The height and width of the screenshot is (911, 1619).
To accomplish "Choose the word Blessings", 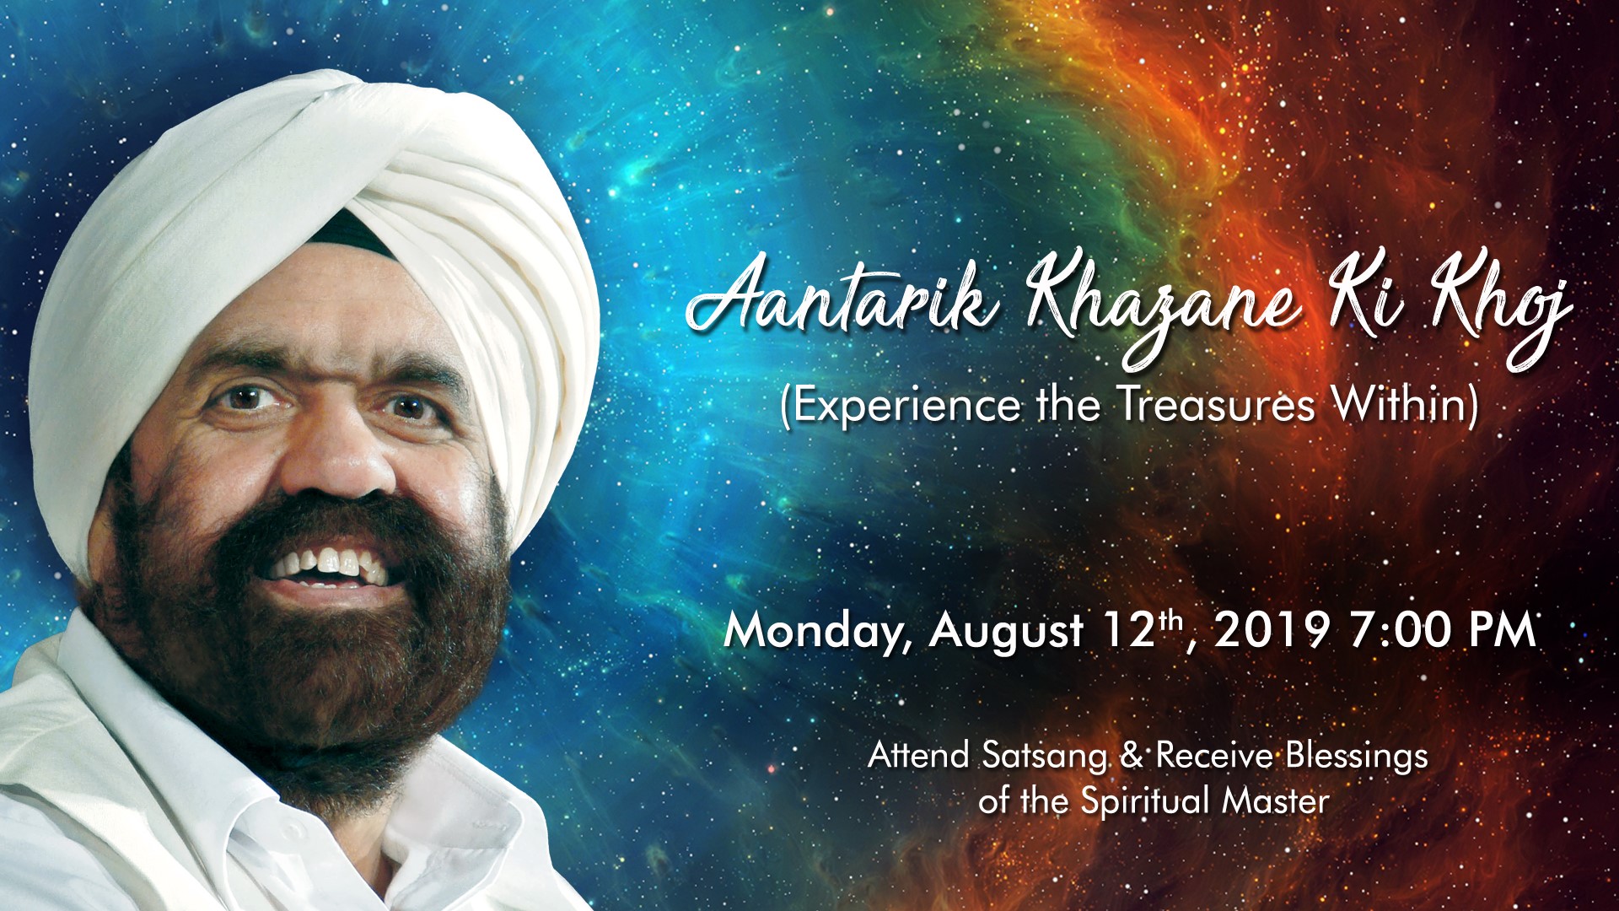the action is point(1357,757).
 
